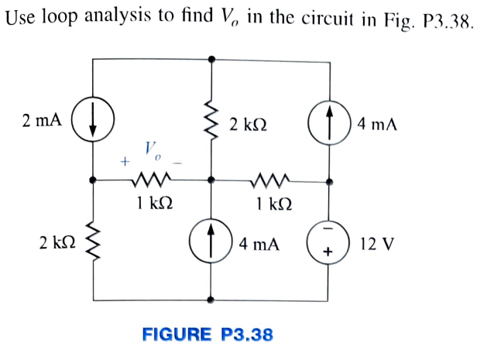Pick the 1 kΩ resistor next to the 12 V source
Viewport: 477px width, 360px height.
(270, 180)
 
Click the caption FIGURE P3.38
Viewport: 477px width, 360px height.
(208, 334)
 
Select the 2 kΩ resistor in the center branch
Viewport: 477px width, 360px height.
(211, 123)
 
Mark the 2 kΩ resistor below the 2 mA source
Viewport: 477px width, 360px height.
(92, 244)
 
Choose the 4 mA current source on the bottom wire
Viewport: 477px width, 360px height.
(211, 243)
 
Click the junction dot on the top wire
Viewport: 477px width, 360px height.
(211, 57)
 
